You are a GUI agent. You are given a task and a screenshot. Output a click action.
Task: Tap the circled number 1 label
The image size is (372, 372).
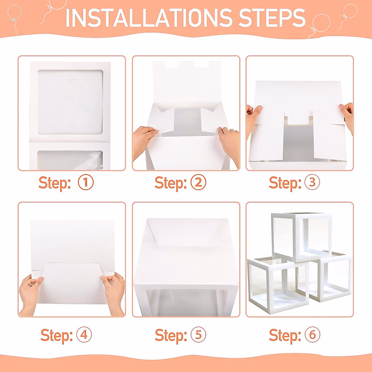[x=86, y=183]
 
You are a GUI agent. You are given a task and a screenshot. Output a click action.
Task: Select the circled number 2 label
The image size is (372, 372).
[x=199, y=183]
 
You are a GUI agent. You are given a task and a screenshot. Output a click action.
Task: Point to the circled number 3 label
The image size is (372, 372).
[x=312, y=183]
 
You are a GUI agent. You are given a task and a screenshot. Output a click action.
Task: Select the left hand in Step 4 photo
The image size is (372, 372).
[x=31, y=290]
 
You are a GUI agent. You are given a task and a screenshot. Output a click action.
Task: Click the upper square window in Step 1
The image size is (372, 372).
[x=70, y=102]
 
